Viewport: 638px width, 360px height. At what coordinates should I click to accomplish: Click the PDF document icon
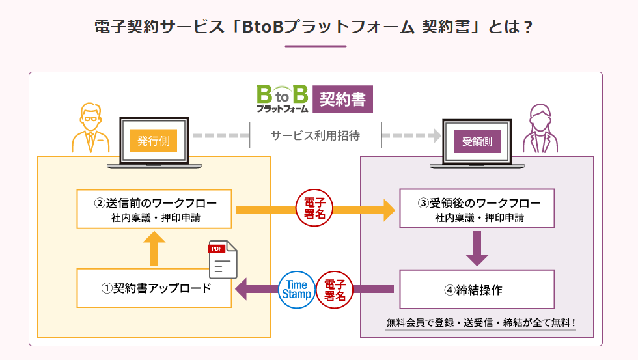coord(223,260)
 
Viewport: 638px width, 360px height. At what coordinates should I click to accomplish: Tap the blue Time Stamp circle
coord(297,290)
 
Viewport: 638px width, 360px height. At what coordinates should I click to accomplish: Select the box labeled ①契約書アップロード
coord(154,288)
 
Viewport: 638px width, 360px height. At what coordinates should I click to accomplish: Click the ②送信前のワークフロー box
coord(154,209)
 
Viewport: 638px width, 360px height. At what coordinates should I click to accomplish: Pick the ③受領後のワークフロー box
coord(477,208)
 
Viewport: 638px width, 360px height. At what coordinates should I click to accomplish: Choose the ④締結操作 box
coord(477,289)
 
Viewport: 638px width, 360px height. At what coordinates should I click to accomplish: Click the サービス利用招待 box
coord(316,135)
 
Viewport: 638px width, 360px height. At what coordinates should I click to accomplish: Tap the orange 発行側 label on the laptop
coord(154,141)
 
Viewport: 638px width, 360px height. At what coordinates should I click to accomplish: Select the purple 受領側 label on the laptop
coord(477,141)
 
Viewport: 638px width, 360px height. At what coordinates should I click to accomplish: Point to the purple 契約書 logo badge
coord(342,99)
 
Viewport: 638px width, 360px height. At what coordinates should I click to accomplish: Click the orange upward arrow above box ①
coord(154,249)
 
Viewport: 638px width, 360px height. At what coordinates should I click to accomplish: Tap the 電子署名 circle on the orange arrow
coord(314,208)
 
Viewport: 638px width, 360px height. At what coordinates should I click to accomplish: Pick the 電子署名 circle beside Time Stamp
coord(335,290)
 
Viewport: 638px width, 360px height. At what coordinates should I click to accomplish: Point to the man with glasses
coord(90,128)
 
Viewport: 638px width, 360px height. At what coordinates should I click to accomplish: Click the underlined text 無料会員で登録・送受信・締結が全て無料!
coord(480,323)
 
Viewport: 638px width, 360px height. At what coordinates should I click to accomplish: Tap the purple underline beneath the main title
coord(316,46)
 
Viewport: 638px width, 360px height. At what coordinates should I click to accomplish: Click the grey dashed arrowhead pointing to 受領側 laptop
coord(437,135)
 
